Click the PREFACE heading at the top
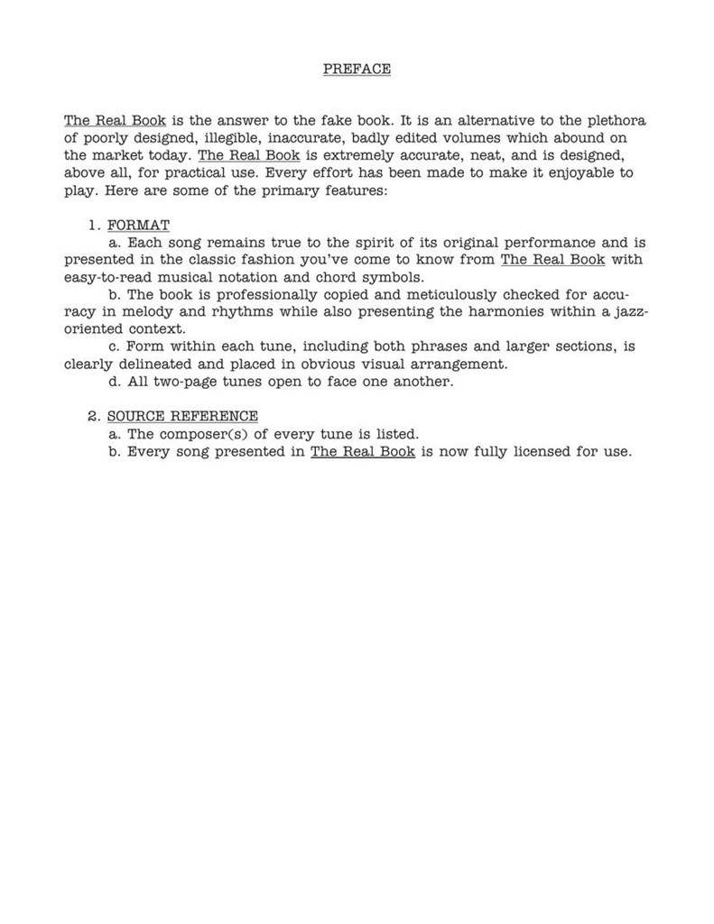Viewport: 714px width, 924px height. point(357,69)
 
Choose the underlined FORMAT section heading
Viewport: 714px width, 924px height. point(138,225)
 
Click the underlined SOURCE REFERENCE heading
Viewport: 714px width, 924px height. point(182,416)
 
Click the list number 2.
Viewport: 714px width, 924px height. point(93,416)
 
